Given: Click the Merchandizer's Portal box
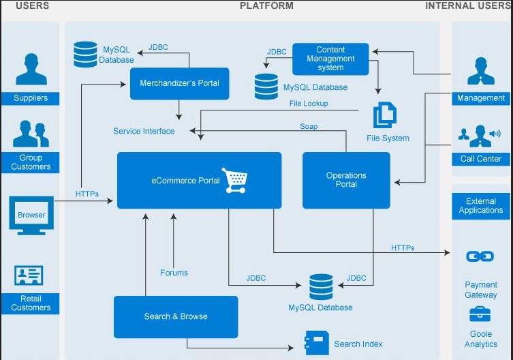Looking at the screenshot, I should tap(179, 84).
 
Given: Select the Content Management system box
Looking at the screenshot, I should tap(330, 59).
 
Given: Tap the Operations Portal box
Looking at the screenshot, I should tap(346, 180).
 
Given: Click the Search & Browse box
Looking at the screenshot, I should tap(176, 316).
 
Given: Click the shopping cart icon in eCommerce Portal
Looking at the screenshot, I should tap(235, 180).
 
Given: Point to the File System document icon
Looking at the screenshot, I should tap(384, 115).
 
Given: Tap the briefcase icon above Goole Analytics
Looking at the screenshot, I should tap(480, 314).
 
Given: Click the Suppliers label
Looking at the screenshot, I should tap(31, 98).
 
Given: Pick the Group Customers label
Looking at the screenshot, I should tap(31, 162).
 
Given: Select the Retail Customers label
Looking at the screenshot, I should tap(31, 303).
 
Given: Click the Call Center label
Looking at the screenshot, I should tap(480, 159).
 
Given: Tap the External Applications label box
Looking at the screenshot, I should tap(480, 206).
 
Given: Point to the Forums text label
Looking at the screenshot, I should tap(174, 273).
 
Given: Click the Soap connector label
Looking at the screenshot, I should tap(309, 126).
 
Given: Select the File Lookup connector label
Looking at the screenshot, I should tap(309, 104).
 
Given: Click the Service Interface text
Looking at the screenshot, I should tap(144, 131).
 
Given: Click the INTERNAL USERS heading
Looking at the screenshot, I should tap(468, 5).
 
